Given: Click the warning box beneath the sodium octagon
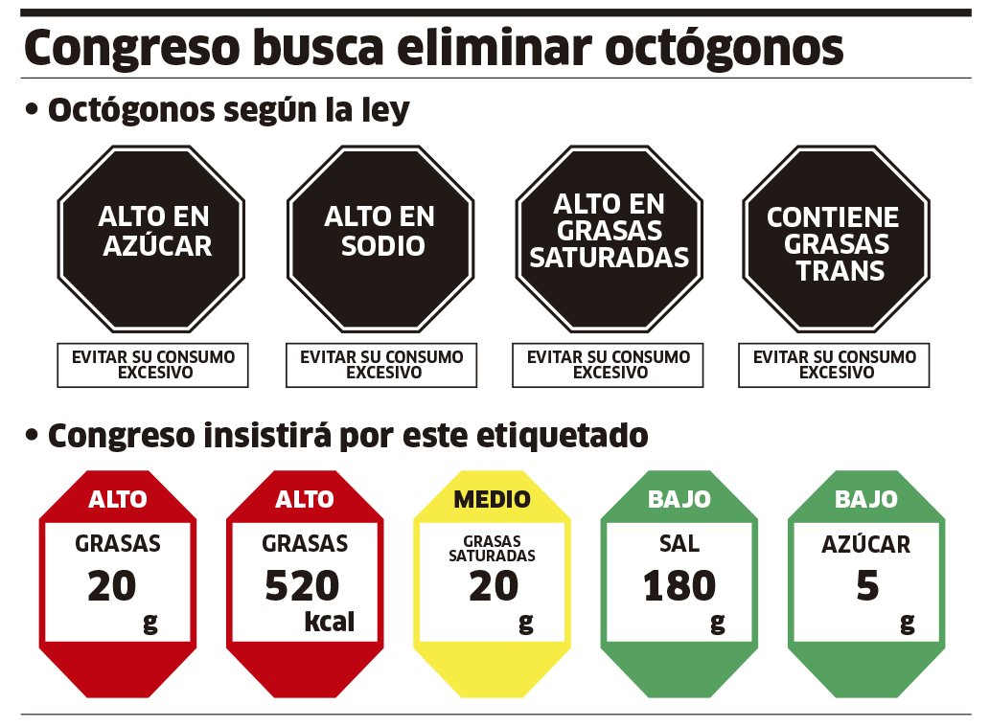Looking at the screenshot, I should [380, 365].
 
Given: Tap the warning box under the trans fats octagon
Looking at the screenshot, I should [834, 365].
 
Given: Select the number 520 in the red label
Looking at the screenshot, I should [302, 586].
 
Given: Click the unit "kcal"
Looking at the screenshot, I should [329, 623].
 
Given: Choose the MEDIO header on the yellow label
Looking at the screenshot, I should [492, 499].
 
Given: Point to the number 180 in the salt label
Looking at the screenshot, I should [679, 586].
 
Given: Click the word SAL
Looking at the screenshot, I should [679, 544].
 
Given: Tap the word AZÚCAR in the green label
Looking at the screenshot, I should [865, 545].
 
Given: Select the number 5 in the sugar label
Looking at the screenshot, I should [866, 586].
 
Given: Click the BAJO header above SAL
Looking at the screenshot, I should [679, 499].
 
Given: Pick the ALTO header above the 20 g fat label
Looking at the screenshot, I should [118, 499].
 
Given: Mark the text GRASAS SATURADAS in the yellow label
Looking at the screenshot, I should [492, 549].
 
